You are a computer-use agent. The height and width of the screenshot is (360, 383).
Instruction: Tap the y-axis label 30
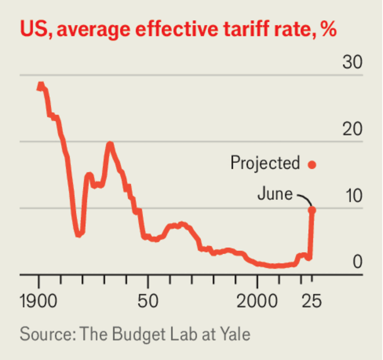click(353, 63)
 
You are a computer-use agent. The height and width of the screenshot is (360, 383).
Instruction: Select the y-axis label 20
click(353, 130)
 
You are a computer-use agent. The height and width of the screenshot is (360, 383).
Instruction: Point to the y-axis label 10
click(353, 196)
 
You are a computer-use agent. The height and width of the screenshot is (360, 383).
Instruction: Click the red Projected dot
click(311, 165)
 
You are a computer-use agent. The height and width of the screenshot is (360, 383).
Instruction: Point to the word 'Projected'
click(265, 164)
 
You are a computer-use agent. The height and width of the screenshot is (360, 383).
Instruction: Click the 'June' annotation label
click(275, 194)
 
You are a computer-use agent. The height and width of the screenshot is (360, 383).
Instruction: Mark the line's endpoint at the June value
click(311, 209)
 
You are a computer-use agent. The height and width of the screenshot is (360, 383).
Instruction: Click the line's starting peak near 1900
click(40, 84)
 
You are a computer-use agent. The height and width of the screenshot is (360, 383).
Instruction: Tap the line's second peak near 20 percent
click(110, 145)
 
